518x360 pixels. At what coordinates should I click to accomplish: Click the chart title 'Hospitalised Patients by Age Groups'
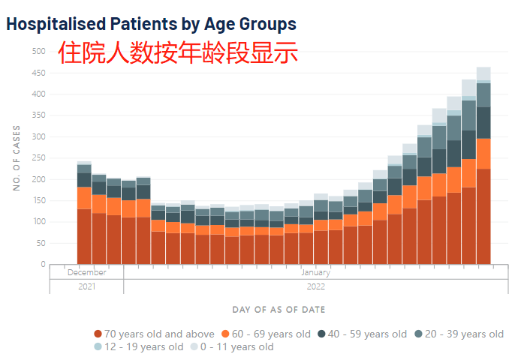[x=151, y=24]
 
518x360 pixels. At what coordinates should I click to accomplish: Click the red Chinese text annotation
[x=178, y=52]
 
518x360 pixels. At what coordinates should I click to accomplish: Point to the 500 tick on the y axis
[x=38, y=51]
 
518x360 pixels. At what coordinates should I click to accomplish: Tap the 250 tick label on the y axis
[x=38, y=158]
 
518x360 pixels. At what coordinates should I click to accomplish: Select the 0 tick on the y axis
[x=43, y=265]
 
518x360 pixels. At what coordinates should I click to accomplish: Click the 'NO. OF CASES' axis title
[x=17, y=158]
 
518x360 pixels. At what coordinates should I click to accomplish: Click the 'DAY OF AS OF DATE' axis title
[x=279, y=310]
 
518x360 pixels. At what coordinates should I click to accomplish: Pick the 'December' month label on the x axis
[x=86, y=273]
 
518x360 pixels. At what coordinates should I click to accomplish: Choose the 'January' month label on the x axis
[x=315, y=273]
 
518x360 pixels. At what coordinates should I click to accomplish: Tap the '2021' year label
[x=86, y=286]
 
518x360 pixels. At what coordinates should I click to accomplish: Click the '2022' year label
[x=315, y=286]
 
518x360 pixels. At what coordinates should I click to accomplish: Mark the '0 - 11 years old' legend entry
[x=233, y=347]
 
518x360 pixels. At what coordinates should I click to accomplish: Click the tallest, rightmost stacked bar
[x=483, y=172]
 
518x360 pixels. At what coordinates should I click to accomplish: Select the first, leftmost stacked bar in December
[x=84, y=217]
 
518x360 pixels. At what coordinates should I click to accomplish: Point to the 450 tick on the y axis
[x=38, y=73]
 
